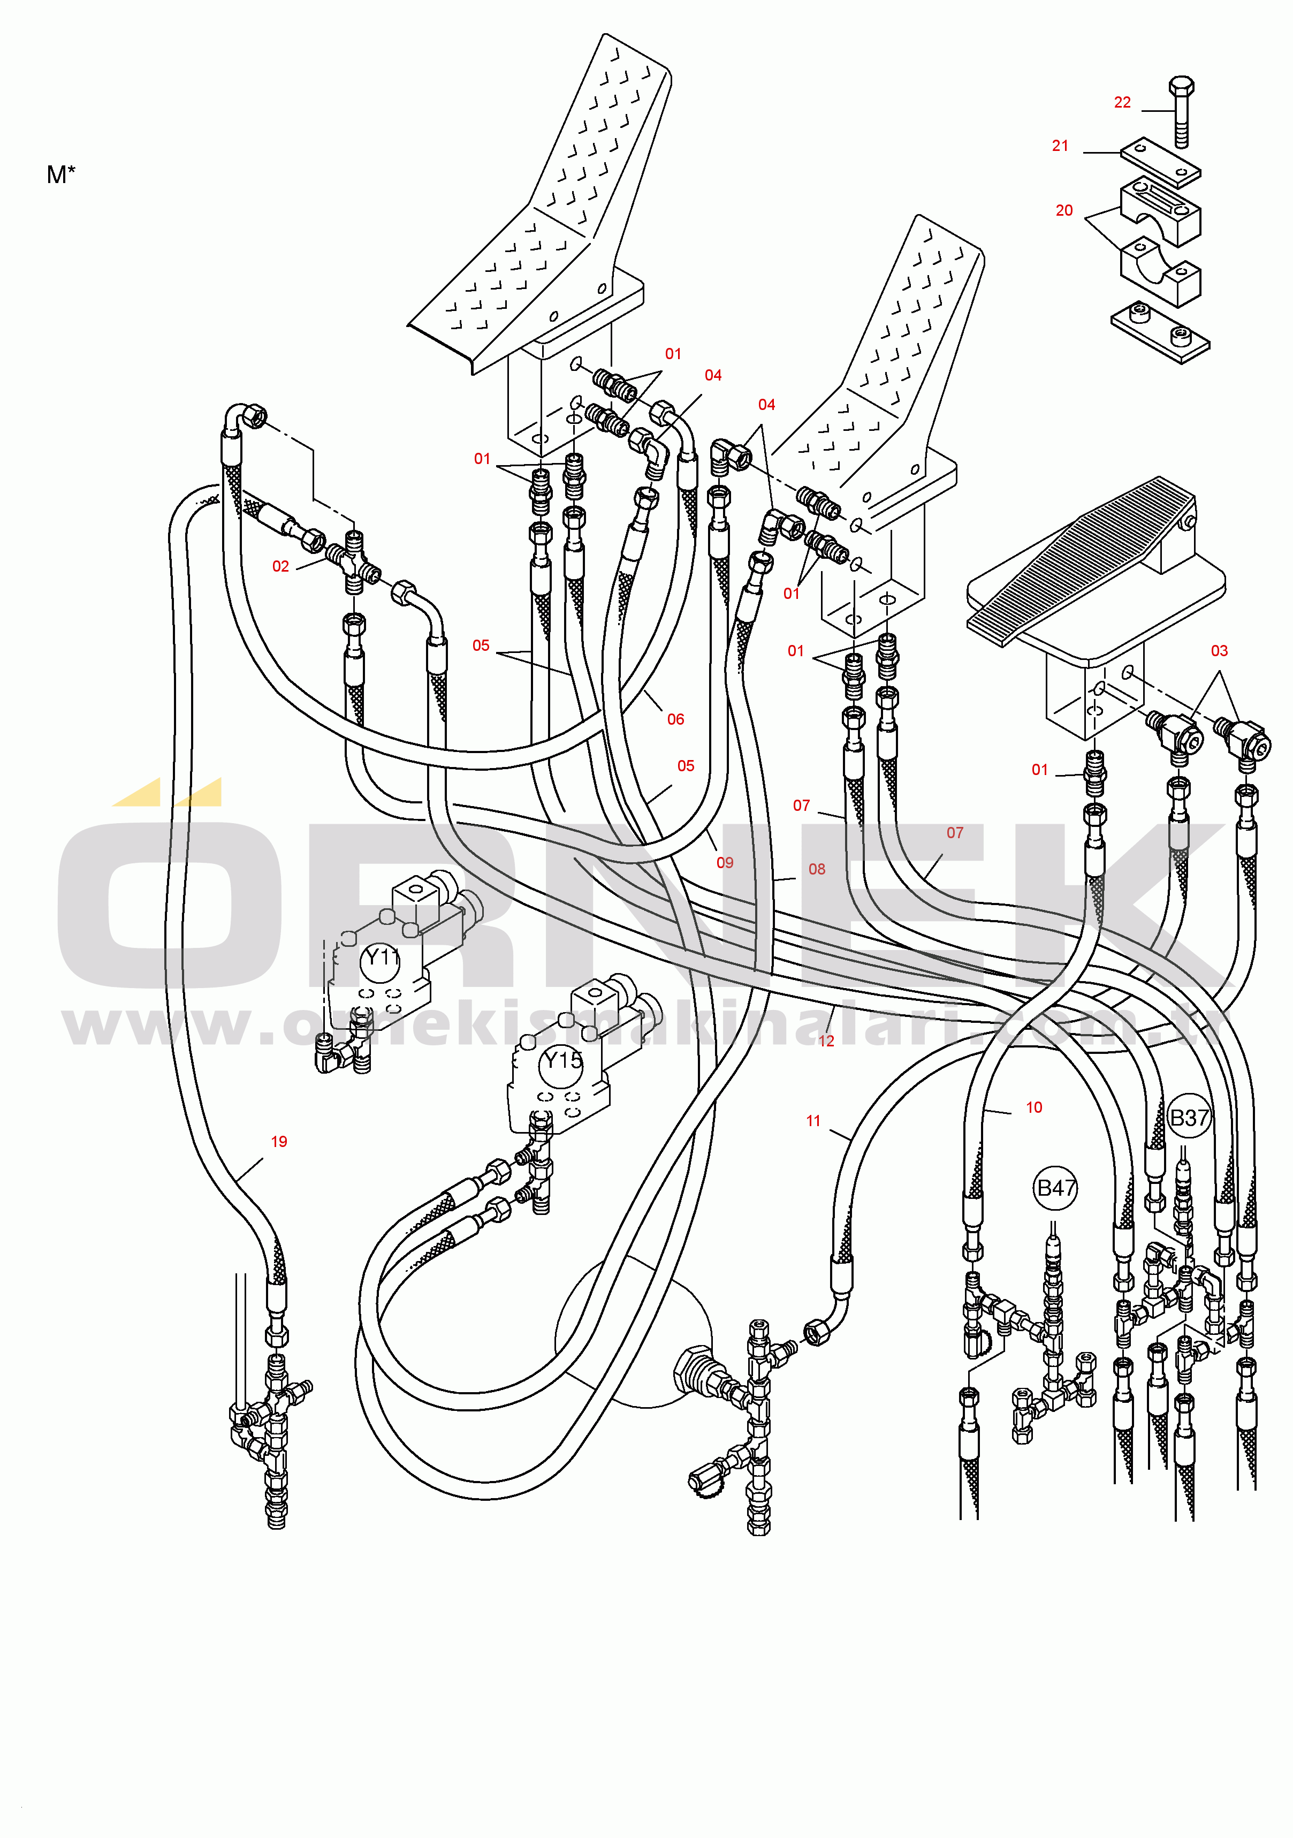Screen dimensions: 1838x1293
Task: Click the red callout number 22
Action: pos(1122,102)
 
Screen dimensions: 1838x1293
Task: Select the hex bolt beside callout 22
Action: pos(1182,112)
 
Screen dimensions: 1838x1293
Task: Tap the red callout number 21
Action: pos(1060,146)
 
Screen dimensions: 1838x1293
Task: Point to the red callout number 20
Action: pos(1063,210)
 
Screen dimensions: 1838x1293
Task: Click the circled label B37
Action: pos(1189,1118)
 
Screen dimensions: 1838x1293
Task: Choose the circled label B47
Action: pos(1056,1188)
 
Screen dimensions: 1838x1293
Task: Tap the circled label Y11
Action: pos(381,958)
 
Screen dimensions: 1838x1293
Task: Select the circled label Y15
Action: pos(563,1061)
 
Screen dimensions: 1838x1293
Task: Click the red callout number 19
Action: pos(279,1142)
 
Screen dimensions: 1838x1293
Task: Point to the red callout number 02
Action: pos(280,567)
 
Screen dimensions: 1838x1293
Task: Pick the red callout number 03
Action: pos(1219,651)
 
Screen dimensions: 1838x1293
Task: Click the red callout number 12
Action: pos(826,1040)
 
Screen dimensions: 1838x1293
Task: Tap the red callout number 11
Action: pos(813,1121)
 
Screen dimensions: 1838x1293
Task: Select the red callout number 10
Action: pos(1033,1108)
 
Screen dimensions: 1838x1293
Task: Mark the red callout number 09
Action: pos(725,863)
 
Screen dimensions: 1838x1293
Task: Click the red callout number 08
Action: pos(817,869)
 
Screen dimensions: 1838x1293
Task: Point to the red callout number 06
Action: pos(676,720)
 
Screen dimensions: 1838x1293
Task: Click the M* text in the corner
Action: pos(61,174)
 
